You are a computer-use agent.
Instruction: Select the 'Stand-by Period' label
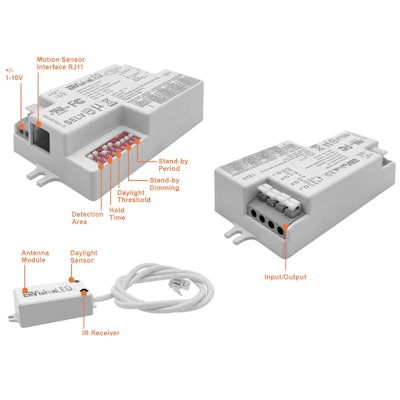click(175, 165)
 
